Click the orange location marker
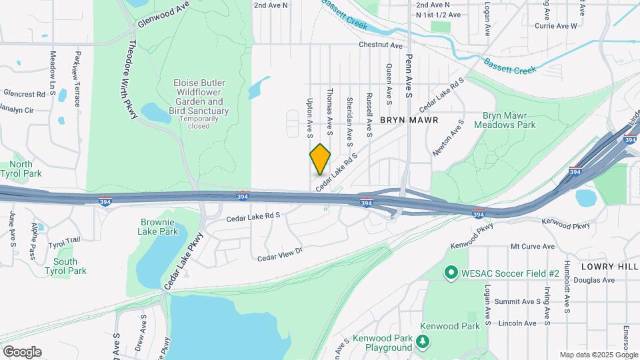point(320,158)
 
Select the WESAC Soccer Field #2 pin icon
point(450,273)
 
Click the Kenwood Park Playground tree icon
point(421,342)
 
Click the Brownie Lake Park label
point(159,227)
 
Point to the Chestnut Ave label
point(381,45)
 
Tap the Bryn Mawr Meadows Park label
point(504,119)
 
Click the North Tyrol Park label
point(21,169)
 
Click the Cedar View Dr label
point(280,254)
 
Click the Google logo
point(22,351)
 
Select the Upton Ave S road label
point(310,118)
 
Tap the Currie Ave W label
point(555,26)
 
